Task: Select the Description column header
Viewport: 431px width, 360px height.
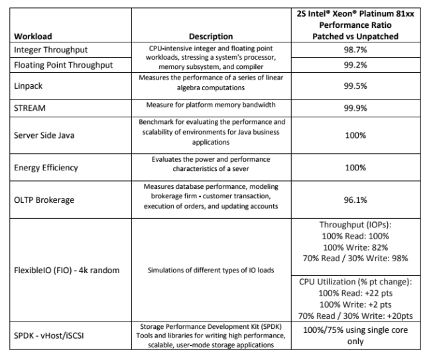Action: pos(211,36)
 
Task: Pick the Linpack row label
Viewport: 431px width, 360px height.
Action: pos(29,86)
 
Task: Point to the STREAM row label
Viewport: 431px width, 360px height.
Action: pos(31,106)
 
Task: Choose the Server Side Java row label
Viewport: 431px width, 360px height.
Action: pos(44,136)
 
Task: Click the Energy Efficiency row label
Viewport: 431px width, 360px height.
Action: pos(46,168)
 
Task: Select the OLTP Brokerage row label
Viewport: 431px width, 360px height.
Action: pos(44,200)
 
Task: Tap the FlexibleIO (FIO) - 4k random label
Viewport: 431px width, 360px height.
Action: pos(66,270)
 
